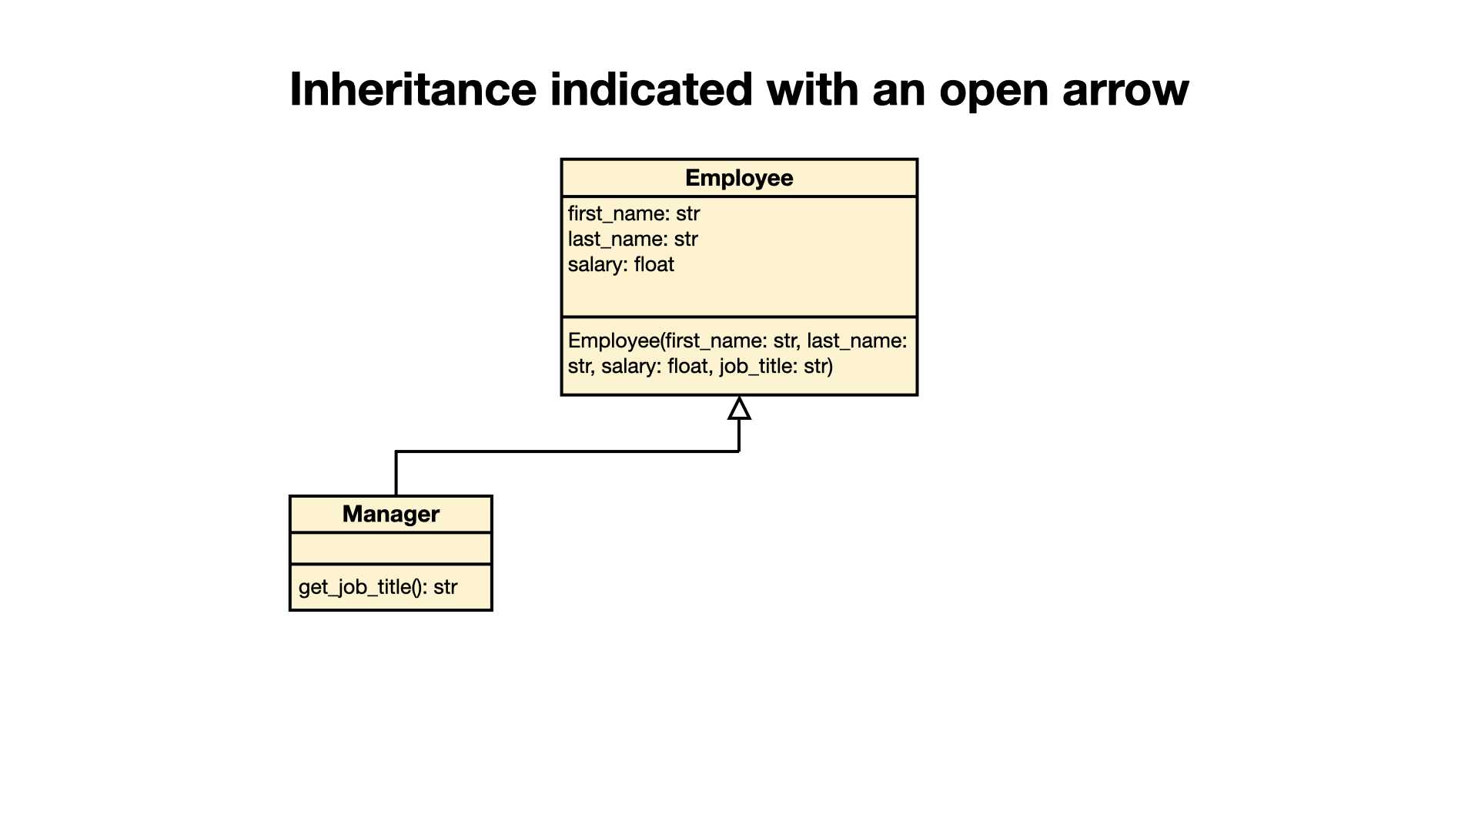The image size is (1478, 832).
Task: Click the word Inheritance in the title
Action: (413, 89)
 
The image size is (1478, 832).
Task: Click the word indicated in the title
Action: (650, 89)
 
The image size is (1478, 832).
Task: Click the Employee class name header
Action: (739, 178)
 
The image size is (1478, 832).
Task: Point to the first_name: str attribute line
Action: (634, 213)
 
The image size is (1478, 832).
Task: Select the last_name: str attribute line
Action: (633, 239)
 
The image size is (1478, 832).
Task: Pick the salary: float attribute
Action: (621, 264)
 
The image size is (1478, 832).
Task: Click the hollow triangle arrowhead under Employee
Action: (739, 408)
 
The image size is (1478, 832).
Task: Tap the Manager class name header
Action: (391, 514)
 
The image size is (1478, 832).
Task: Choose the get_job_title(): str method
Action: (378, 587)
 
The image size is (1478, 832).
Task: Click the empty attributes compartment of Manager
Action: (391, 549)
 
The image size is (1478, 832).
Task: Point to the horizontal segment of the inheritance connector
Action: (567, 451)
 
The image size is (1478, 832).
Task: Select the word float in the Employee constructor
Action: (688, 366)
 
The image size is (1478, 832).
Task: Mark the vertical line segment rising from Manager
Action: (396, 473)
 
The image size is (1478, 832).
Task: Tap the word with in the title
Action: (812, 89)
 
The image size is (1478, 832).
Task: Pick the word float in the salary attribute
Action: (654, 264)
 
